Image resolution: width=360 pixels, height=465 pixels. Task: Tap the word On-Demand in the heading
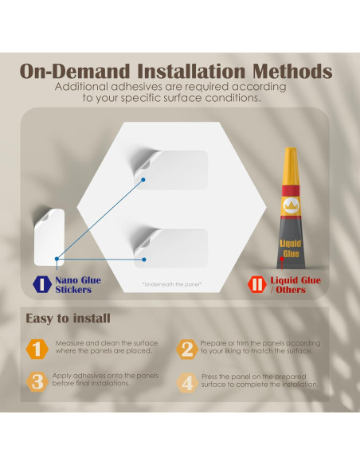(x=75, y=71)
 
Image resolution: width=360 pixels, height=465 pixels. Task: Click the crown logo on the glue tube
(x=291, y=205)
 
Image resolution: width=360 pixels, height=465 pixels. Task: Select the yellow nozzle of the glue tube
(x=291, y=166)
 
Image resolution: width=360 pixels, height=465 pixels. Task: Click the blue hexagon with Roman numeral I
(x=42, y=284)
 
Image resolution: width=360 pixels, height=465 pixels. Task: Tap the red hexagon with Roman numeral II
(x=256, y=284)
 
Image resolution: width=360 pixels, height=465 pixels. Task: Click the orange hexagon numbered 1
(x=37, y=349)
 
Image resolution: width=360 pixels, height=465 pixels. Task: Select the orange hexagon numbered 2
(x=187, y=349)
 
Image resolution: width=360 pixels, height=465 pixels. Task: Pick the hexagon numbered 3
(x=37, y=382)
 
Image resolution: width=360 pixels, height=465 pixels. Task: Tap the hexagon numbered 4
(x=187, y=382)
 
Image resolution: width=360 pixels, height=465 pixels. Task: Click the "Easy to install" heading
(x=68, y=318)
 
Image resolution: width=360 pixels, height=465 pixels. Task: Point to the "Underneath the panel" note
(x=172, y=284)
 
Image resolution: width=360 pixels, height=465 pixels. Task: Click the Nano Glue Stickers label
(x=78, y=285)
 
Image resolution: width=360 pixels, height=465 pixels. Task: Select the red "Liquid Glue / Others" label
(x=295, y=285)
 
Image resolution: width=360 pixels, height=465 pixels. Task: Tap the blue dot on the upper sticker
(x=143, y=180)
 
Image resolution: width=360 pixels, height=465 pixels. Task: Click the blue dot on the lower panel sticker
(x=144, y=260)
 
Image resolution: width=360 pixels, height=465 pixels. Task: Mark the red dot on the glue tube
(x=282, y=259)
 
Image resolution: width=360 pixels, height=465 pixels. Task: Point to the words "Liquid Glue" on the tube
(x=291, y=248)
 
